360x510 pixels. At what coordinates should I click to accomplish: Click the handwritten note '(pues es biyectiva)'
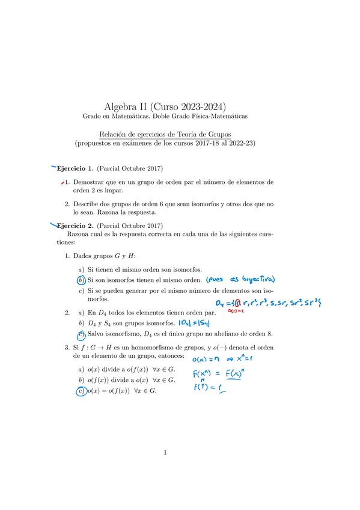click(x=240, y=279)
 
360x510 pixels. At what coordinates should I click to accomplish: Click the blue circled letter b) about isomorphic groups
click(x=81, y=280)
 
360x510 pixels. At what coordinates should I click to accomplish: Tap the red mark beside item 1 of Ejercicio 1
click(x=63, y=182)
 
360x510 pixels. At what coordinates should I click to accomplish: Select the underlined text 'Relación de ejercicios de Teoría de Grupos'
click(x=165, y=134)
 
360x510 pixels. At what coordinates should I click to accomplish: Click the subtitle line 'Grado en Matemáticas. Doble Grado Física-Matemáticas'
click(x=165, y=116)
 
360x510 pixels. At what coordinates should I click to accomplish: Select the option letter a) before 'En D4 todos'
click(x=81, y=313)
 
